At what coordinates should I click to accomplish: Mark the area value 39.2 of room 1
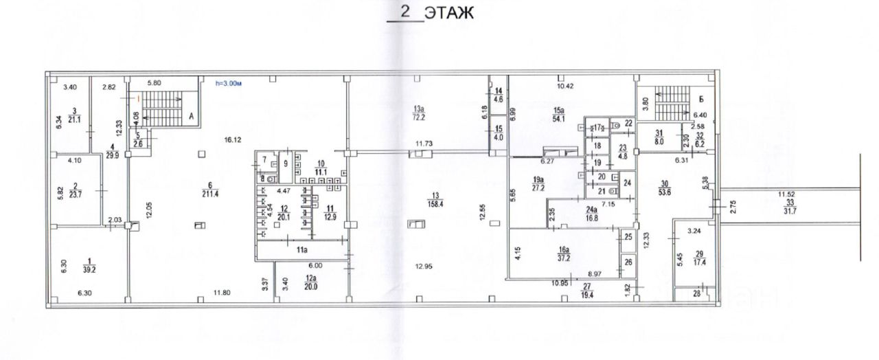89,269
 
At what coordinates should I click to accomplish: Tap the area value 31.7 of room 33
788,210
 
